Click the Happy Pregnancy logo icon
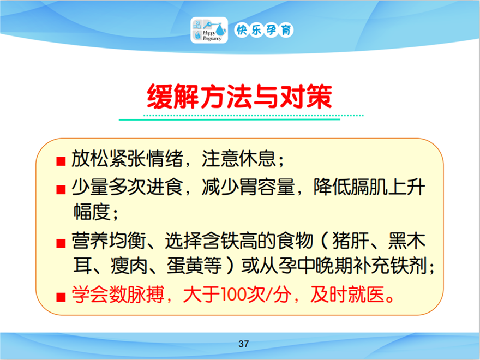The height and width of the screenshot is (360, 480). (209, 30)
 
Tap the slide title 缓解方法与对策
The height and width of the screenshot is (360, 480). (239, 97)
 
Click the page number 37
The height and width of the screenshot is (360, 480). (244, 344)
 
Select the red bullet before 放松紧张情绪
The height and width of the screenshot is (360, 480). (61, 161)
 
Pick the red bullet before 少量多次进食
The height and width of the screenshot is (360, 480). (61, 189)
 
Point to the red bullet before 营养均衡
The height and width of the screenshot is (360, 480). (61, 243)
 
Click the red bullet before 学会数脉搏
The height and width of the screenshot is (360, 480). (61, 297)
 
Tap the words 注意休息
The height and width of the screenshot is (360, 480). (239, 159)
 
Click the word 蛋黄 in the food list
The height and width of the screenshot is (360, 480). (185, 266)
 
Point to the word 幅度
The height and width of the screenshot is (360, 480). (92, 212)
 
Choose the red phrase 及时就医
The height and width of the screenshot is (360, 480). (347, 295)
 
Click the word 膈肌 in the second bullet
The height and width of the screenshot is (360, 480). (369, 187)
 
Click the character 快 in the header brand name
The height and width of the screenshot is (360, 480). (242, 30)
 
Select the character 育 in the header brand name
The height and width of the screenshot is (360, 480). (286, 30)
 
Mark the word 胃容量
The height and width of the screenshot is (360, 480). (267, 187)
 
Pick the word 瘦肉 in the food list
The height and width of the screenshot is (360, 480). (129, 266)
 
